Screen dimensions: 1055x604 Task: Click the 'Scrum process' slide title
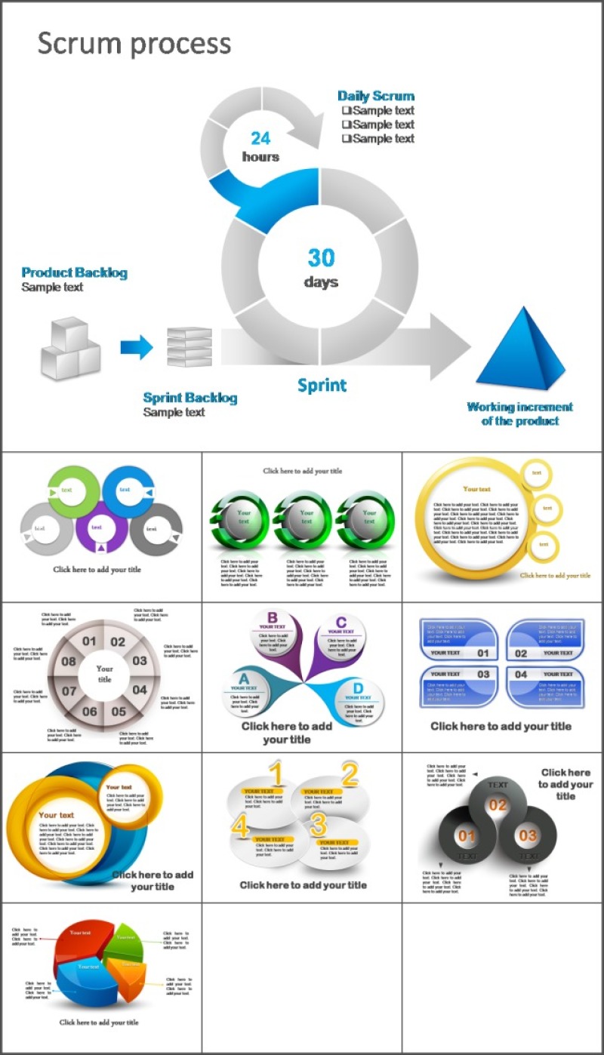pos(134,44)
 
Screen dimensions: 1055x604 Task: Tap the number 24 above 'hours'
pos(260,138)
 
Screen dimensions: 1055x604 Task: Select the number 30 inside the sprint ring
pos(321,258)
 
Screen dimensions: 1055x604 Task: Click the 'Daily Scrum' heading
pos(376,96)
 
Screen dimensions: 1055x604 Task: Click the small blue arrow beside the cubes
pos(137,347)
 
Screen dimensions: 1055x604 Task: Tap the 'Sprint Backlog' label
pos(190,398)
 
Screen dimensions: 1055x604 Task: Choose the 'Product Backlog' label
pos(75,272)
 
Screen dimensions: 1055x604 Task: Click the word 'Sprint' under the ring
pos(322,386)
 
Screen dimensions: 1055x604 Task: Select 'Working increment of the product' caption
pos(520,414)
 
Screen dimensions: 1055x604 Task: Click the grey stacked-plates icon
pos(189,347)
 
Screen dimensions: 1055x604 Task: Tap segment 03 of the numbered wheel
pos(140,661)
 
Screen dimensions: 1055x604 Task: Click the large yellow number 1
pos(276,775)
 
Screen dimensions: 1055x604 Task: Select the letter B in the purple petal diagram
pos(273,617)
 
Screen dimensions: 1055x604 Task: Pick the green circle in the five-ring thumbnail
pos(67,489)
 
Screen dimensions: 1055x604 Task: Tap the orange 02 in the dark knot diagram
pos(498,805)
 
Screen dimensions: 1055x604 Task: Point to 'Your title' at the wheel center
pos(104,674)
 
